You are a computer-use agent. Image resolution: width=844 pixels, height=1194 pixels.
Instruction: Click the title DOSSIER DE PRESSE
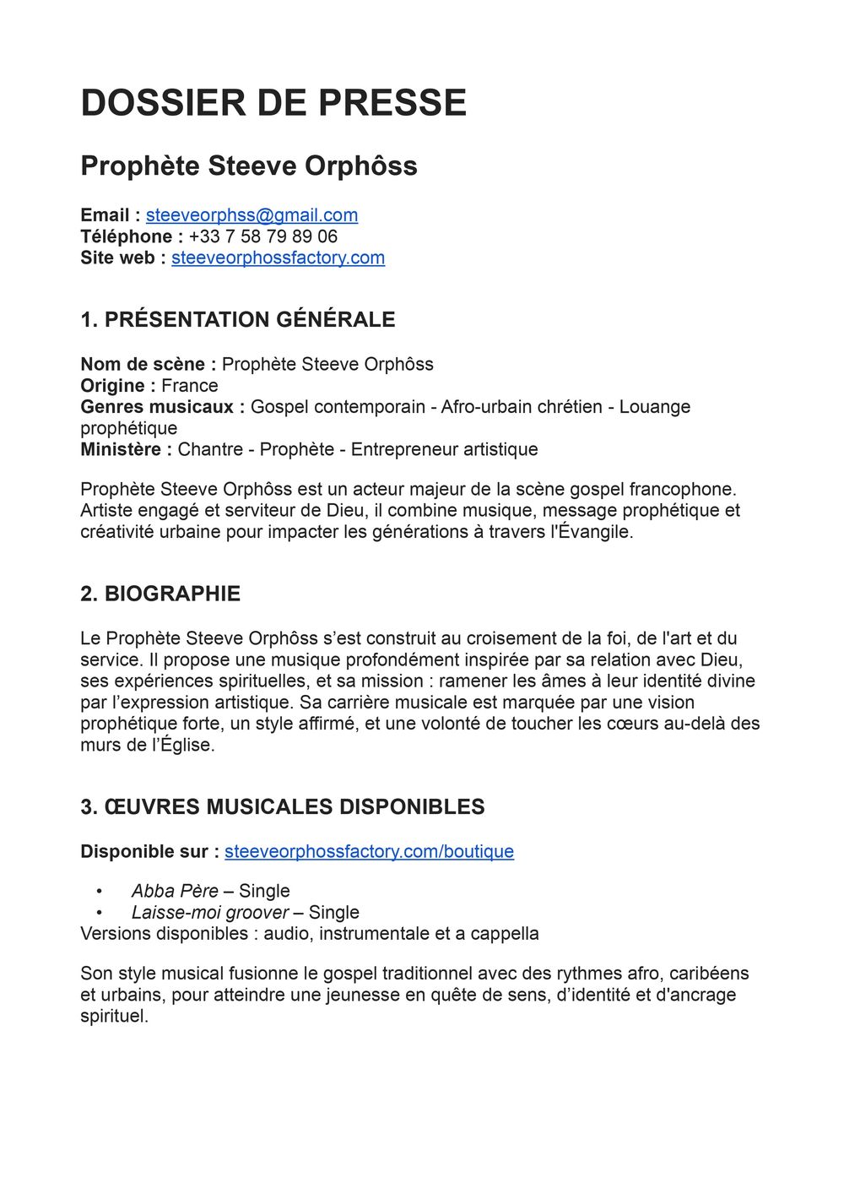tap(273, 103)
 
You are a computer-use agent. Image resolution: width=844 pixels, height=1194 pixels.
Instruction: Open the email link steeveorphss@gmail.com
tap(252, 215)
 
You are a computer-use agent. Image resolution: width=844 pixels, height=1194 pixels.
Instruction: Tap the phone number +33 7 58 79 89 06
tap(262, 236)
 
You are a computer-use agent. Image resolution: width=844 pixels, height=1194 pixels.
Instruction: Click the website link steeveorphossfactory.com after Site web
tap(278, 258)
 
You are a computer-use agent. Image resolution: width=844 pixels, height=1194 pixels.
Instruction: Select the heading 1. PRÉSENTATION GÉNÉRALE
tap(238, 319)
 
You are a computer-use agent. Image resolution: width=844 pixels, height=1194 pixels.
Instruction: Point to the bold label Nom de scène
tap(143, 364)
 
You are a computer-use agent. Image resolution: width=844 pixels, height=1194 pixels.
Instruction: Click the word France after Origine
tap(190, 385)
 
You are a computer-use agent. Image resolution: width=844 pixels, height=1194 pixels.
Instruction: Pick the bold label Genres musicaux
tap(157, 406)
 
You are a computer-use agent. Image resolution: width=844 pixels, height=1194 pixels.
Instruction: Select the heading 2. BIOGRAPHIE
tap(160, 594)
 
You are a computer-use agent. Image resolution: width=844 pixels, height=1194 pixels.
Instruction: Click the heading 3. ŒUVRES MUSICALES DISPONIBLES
tap(283, 806)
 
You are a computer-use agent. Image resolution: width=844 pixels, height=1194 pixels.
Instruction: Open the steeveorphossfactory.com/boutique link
tap(369, 851)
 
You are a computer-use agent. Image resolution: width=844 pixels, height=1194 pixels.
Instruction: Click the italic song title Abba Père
tap(175, 891)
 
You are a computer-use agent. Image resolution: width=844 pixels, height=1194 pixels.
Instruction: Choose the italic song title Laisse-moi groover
tap(210, 912)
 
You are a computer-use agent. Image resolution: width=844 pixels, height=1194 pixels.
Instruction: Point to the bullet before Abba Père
tap(100, 891)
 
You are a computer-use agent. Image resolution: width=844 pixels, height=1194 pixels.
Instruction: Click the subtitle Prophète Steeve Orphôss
tap(249, 166)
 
